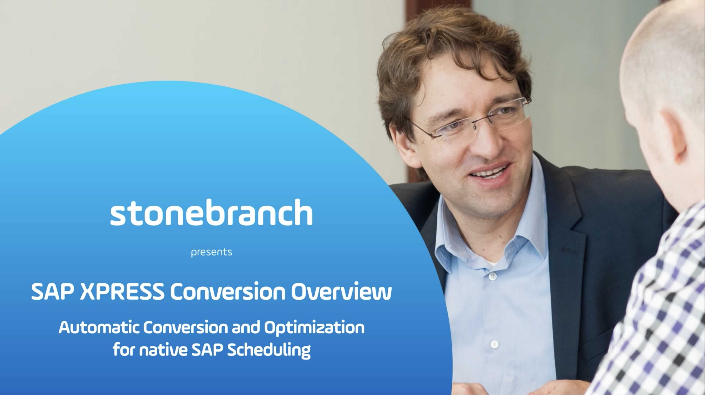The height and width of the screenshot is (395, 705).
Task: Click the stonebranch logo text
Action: (211, 212)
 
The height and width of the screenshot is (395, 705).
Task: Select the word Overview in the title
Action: (341, 291)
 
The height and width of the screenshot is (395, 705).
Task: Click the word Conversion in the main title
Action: (228, 291)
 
